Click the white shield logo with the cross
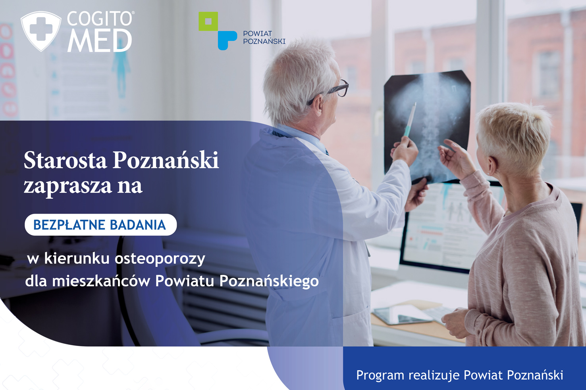tap(41, 31)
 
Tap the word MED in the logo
tap(100, 40)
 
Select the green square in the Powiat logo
tap(208, 21)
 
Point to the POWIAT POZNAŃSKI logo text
tap(264, 37)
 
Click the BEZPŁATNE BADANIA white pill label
tap(100, 225)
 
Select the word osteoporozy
tap(160, 259)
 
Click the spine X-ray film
tap(427, 127)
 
